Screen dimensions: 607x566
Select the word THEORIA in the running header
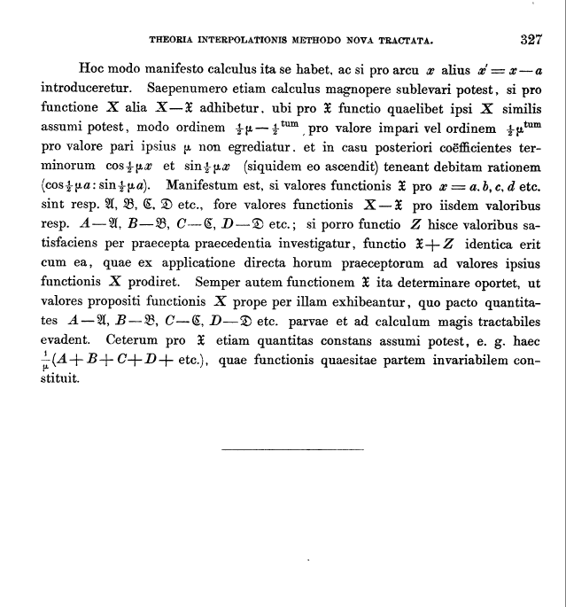[x=174, y=40]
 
